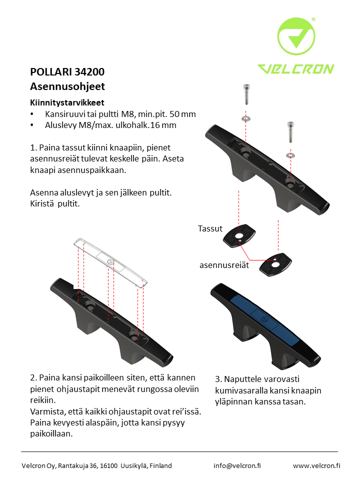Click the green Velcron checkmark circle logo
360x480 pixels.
click(x=296, y=36)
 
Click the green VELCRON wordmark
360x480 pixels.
click(x=296, y=69)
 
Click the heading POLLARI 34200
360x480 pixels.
click(x=67, y=72)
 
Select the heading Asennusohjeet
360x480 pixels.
click(x=67, y=86)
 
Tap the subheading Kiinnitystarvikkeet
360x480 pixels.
click(x=67, y=102)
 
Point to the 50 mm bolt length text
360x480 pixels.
click(x=183, y=114)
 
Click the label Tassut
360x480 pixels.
click(x=210, y=228)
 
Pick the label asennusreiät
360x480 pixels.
click(x=224, y=265)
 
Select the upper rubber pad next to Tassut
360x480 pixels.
click(x=239, y=235)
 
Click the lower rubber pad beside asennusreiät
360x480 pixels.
click(x=275, y=264)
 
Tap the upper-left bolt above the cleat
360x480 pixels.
click(x=246, y=94)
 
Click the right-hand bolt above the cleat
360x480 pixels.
click(x=290, y=132)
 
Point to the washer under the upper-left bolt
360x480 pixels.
click(x=246, y=118)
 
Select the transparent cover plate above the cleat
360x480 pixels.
click(x=110, y=262)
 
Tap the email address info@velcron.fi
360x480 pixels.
click(x=237, y=465)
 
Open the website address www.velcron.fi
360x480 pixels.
click(x=316, y=465)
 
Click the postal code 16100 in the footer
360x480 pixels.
click(x=108, y=465)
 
